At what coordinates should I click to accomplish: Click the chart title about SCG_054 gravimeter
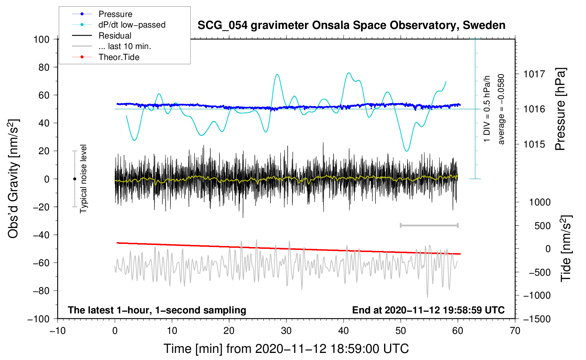point(351,25)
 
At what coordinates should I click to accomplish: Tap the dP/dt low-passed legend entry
point(132,25)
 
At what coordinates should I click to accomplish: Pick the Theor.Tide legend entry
point(119,57)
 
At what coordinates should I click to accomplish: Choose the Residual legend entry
point(115,36)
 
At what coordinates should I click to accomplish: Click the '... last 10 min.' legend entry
point(125,46)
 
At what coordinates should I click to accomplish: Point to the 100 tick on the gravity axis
point(41,39)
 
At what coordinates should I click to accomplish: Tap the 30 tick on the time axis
point(286,331)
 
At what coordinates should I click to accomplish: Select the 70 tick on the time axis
point(515,331)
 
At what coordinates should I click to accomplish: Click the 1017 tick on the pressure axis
point(534,74)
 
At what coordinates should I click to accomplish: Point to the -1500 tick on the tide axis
point(537,319)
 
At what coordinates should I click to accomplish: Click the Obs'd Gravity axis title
point(13,179)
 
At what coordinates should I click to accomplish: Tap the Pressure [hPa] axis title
point(561,109)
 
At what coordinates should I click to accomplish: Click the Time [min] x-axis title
point(286,349)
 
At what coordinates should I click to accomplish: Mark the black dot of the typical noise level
point(74,179)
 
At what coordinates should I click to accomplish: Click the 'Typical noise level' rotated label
point(83,179)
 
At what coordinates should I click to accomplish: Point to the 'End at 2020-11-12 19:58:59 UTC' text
point(428,310)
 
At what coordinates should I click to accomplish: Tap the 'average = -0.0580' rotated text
point(501,109)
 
